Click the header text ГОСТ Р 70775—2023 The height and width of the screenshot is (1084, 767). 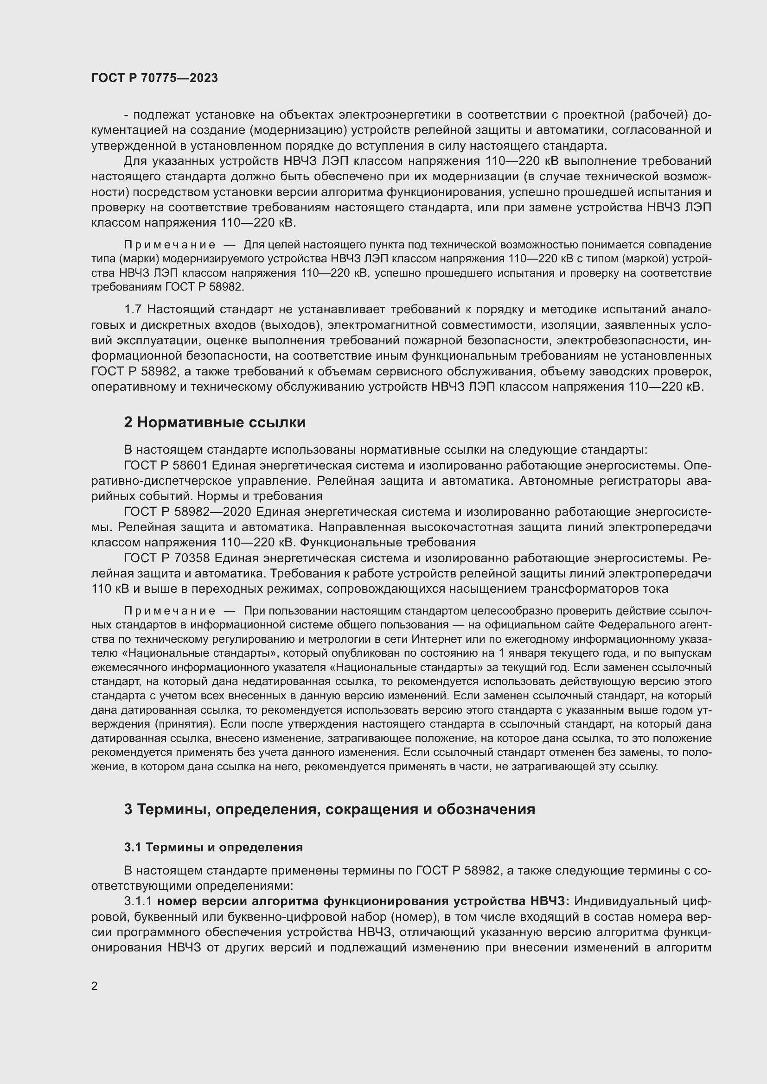pyautogui.click(x=154, y=78)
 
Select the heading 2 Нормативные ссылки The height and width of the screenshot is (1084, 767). pyautogui.click(x=214, y=422)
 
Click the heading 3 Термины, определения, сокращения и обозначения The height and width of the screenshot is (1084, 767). pyautogui.click(x=329, y=809)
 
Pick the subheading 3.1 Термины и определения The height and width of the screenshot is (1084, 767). pyautogui.click(x=213, y=847)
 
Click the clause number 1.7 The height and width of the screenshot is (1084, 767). pyautogui.click(x=133, y=310)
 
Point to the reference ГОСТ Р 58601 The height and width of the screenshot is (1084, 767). pyautogui.click(x=165, y=465)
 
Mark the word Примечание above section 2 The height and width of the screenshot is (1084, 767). pyautogui.click(x=170, y=245)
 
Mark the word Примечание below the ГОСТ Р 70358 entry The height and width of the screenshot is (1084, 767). pyautogui.click(x=170, y=611)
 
